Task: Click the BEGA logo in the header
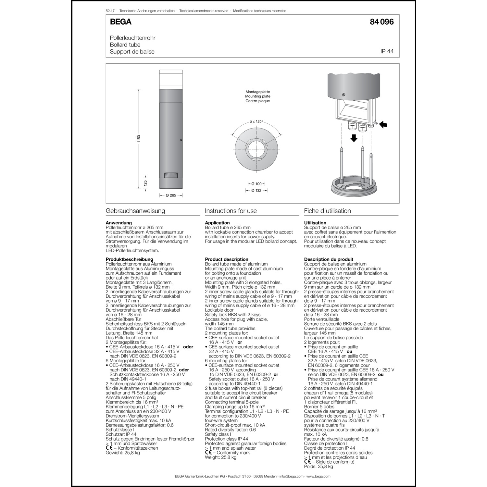[120, 22]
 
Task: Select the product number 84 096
[381, 22]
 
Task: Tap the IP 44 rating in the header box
[387, 51]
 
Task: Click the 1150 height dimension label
[139, 139]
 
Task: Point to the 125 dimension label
[145, 183]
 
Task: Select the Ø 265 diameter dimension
[171, 195]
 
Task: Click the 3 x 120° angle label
[256, 122]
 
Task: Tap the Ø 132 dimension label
[256, 191]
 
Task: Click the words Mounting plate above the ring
[257, 96]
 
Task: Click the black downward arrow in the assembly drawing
[354, 138]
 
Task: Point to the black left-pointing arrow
[383, 124]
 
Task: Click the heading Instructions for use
[231, 211]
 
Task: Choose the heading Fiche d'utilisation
[327, 211]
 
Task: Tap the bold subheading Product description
[226, 259]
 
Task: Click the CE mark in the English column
[208, 453]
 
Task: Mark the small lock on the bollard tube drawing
[181, 140]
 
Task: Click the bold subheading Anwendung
[119, 223]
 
